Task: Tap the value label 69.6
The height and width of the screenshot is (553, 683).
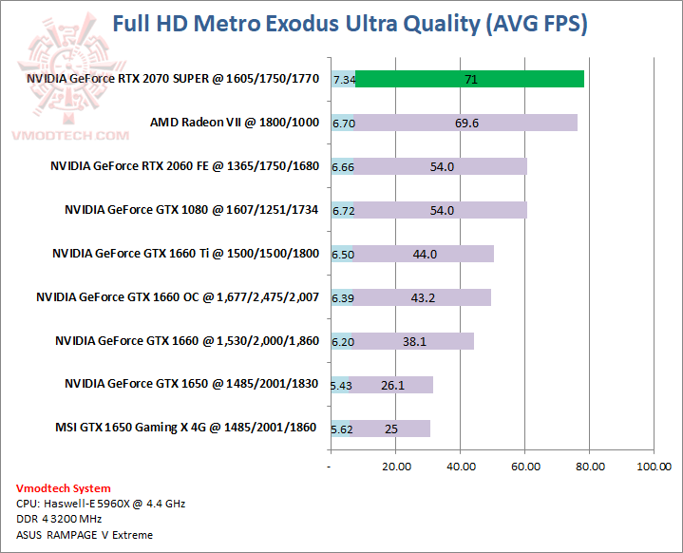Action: point(466,123)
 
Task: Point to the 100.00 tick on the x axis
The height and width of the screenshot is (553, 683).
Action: point(655,467)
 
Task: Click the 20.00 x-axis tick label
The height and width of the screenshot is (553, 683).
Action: point(396,467)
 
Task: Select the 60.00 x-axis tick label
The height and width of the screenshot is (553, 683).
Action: point(525,467)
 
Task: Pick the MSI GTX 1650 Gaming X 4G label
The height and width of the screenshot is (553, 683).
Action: point(186,428)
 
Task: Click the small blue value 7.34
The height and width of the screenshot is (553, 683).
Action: point(344,80)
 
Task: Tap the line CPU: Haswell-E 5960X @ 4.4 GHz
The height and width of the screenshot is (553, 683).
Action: point(101,504)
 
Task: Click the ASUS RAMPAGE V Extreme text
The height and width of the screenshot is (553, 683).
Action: point(85,535)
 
